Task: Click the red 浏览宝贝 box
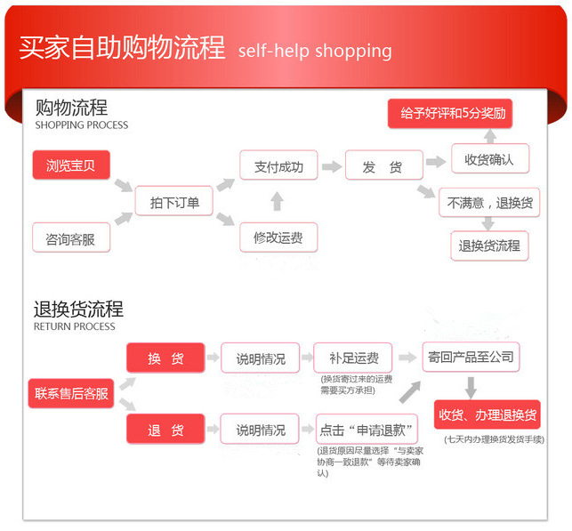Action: pos(71,166)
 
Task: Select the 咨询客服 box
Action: pos(71,238)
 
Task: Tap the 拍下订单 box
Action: pos(174,202)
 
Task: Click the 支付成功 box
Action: pos(278,166)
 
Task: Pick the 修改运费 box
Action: pos(278,237)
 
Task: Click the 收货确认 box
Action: pos(489,160)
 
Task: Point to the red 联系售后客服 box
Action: pos(72,392)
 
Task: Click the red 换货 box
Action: pos(165,358)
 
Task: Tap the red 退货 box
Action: pos(165,430)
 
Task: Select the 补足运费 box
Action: pos(353,358)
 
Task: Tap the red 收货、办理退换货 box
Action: pos(487,415)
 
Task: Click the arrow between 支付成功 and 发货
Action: pos(331,167)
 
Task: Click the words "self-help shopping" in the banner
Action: pos(315,50)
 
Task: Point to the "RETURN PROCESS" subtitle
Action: pos(75,326)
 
